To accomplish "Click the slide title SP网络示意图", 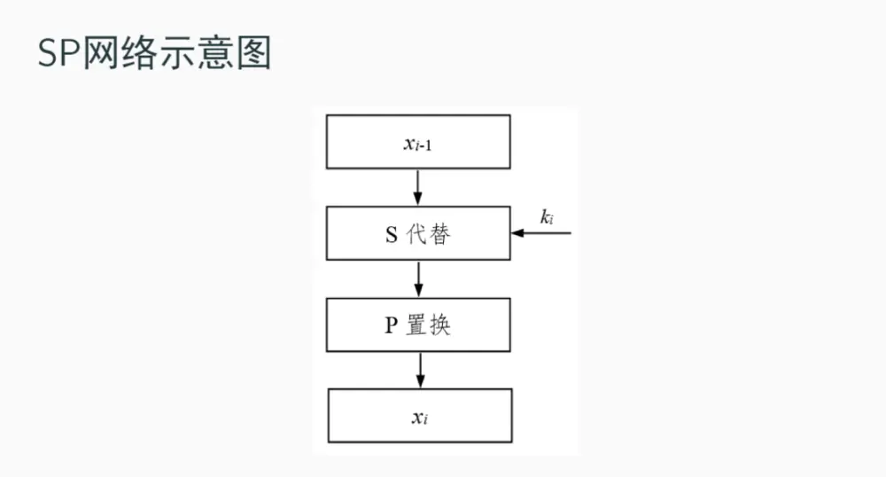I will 154,54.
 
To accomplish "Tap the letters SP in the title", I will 58,54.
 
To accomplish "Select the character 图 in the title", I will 253,54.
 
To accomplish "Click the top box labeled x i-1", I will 418,142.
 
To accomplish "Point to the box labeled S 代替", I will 418,233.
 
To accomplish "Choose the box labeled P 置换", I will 418,325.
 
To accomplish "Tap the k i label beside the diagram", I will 548,216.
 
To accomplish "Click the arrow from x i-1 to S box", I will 418,186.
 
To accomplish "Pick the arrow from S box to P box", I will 418,278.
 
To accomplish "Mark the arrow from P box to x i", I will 419,370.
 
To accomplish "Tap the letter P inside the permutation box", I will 390,325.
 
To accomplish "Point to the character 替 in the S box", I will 439,234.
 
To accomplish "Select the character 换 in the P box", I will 440,325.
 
